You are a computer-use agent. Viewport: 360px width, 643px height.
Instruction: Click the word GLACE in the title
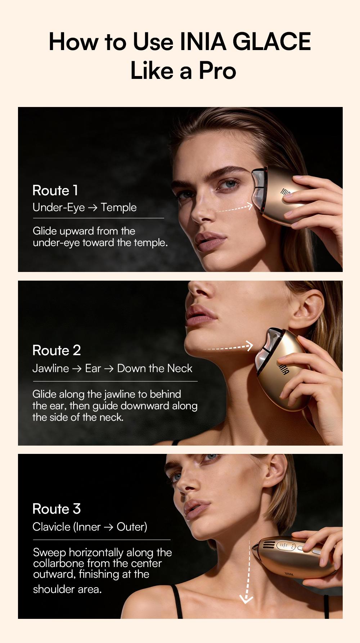coord(271,41)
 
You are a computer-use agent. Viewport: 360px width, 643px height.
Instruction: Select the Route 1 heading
coord(55,190)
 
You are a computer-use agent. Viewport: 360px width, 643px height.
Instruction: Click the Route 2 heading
coord(57,350)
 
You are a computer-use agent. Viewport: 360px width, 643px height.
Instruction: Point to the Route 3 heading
coord(57,509)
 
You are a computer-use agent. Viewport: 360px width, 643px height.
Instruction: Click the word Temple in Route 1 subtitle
coord(118,207)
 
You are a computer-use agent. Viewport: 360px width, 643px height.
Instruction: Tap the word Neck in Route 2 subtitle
coord(180,368)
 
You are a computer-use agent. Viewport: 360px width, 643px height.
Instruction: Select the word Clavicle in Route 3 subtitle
coord(51,527)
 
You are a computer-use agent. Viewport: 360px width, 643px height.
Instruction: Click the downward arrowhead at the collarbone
coord(246,598)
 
